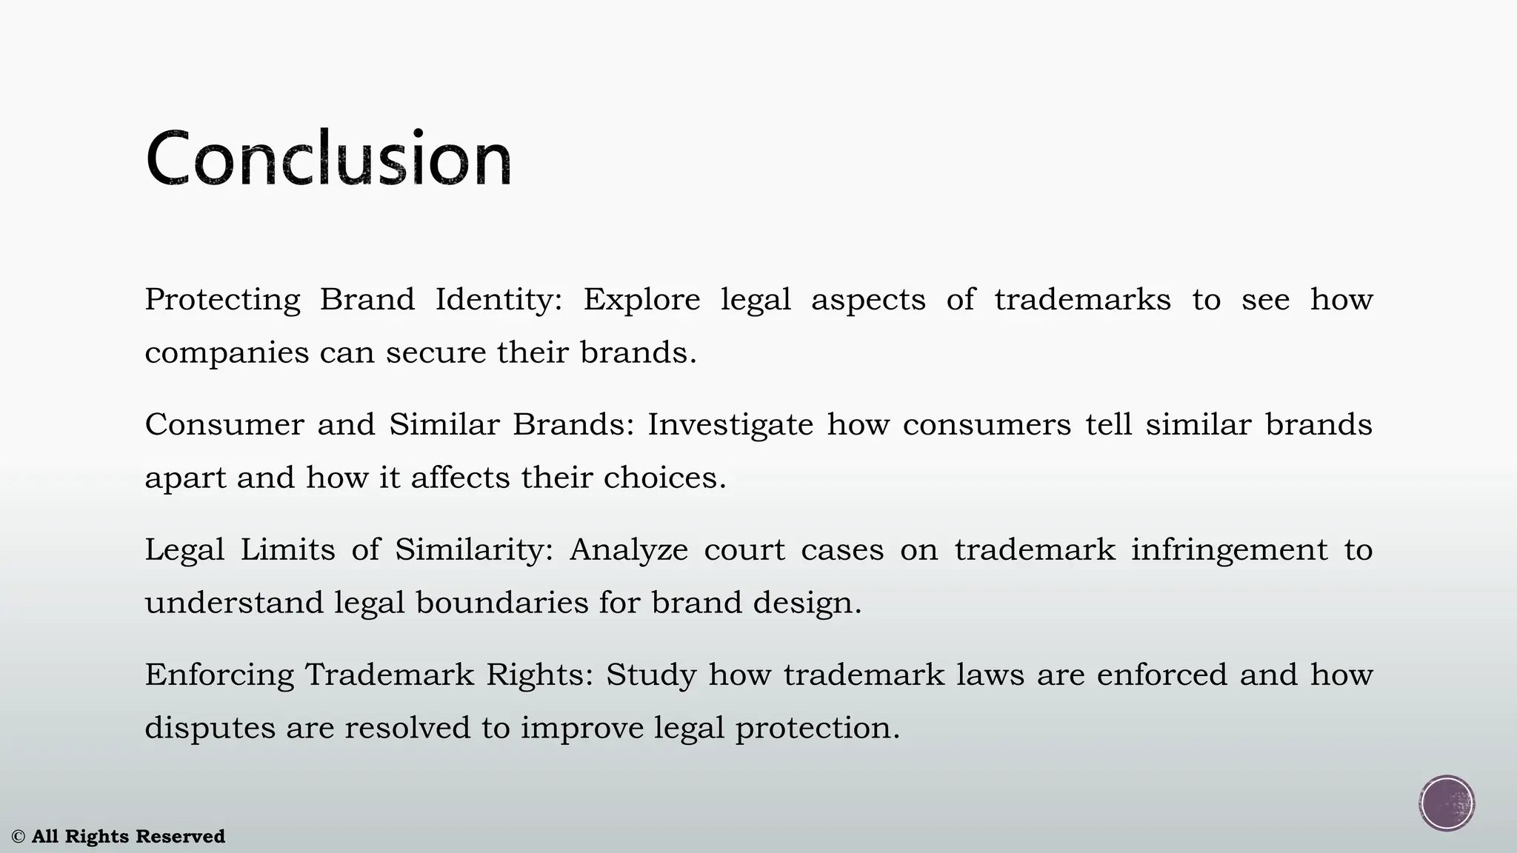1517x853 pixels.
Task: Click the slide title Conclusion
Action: pyautogui.click(x=328, y=158)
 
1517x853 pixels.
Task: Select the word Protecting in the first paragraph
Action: pyautogui.click(x=222, y=300)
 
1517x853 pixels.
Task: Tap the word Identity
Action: pyautogui.click(x=498, y=300)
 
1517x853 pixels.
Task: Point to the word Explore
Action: pyautogui.click(x=641, y=300)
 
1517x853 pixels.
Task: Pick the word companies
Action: pyautogui.click(x=226, y=353)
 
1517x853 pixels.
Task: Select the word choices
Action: pyautogui.click(x=664, y=478)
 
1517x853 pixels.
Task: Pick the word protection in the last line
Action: pyautogui.click(x=816, y=729)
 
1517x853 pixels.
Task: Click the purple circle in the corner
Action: pyautogui.click(x=1447, y=803)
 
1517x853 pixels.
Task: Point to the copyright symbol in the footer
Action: pyautogui.click(x=19, y=837)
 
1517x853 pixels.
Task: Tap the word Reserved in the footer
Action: pyautogui.click(x=180, y=837)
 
